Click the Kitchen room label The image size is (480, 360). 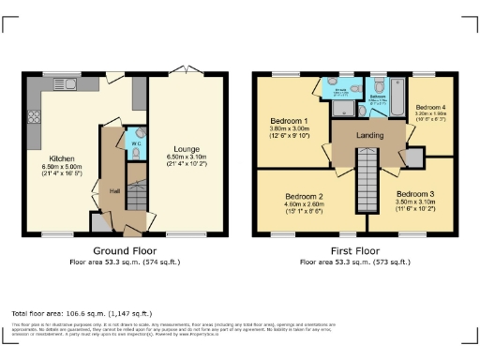click(x=62, y=158)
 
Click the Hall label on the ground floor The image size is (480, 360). click(x=114, y=190)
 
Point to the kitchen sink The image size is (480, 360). click(x=70, y=85)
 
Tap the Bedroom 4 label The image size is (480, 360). click(x=430, y=107)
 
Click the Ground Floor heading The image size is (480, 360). click(x=126, y=251)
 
